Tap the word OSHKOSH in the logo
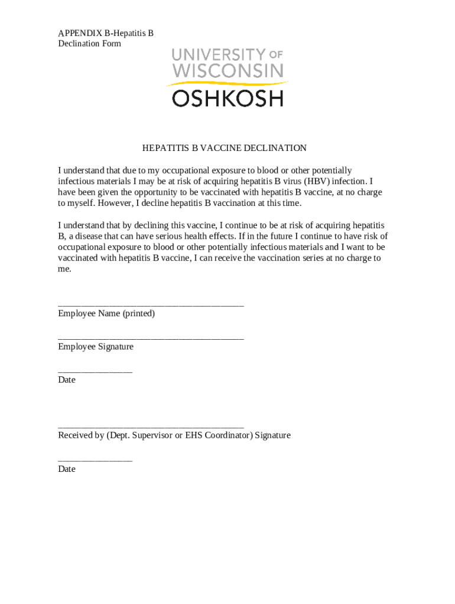[227, 98]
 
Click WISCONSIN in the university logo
[227, 71]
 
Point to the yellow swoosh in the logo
[227, 84]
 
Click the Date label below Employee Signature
[67, 380]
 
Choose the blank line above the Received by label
[151, 426]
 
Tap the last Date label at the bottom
[67, 469]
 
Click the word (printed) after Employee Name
[139, 313]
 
